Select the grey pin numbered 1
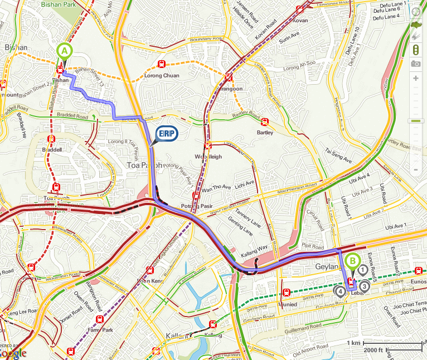[363, 271]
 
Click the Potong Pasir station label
[194, 206]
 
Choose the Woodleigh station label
[208, 157]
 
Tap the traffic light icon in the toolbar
[415, 50]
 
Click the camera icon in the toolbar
[415, 64]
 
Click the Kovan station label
[300, 20]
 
